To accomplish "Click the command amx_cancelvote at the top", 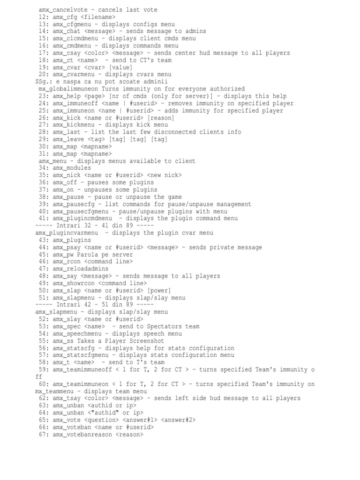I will (x=63, y=10).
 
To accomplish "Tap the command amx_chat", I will (x=68, y=31).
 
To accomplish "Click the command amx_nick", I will (x=68, y=175).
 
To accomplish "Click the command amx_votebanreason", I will (x=82, y=435).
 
